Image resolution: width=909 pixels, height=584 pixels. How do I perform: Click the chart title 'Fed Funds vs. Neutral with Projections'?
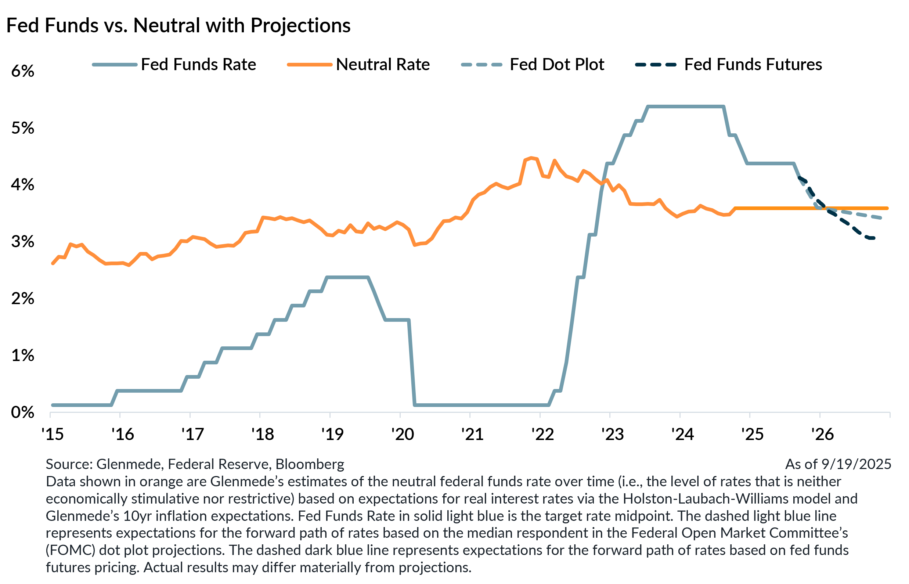point(178,26)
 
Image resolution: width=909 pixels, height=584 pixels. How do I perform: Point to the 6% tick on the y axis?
point(23,71)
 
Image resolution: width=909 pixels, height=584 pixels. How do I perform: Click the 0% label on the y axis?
point(23,412)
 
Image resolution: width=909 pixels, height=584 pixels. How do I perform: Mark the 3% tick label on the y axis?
point(23,242)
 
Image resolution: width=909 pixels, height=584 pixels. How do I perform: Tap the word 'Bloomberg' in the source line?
point(310,464)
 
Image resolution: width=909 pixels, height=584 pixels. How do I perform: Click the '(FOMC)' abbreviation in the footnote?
point(70,550)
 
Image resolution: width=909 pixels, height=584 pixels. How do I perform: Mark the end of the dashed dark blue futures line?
point(874,238)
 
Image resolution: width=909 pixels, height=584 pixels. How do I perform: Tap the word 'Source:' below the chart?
point(68,464)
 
